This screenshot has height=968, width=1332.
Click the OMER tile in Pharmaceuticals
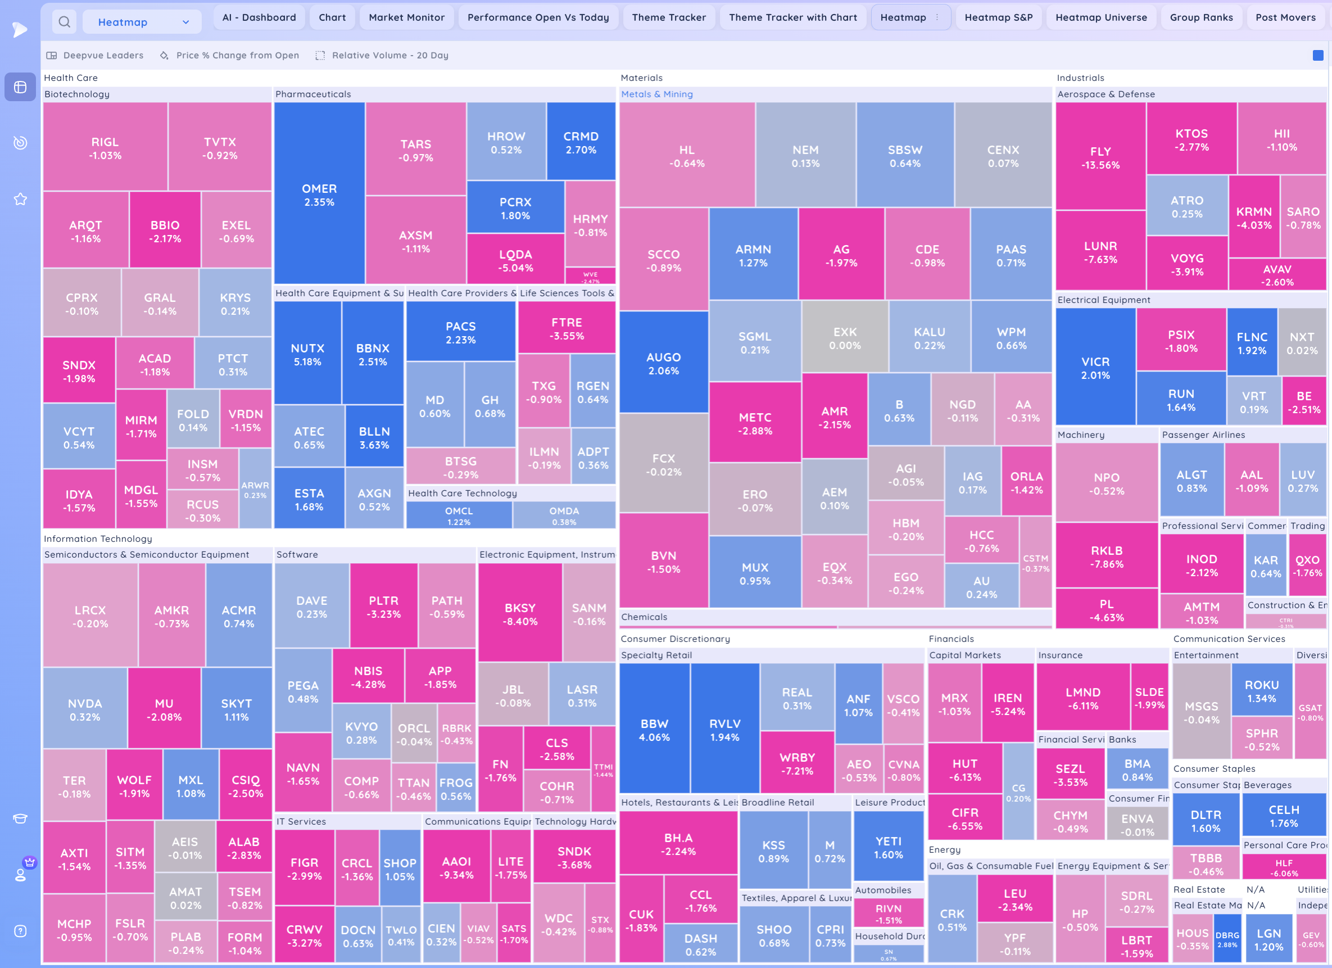click(319, 194)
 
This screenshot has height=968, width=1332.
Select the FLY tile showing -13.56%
click(1100, 157)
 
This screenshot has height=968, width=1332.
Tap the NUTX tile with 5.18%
click(307, 354)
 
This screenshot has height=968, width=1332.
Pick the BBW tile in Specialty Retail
click(654, 730)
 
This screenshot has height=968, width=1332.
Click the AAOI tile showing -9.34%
click(456, 867)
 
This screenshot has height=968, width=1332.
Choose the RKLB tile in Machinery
click(1107, 557)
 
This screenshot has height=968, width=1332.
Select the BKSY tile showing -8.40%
click(520, 614)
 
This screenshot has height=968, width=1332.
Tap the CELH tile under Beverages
click(1284, 815)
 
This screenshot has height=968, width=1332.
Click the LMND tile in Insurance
click(1082, 697)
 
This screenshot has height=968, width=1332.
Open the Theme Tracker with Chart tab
click(793, 17)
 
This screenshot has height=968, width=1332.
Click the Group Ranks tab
click(1201, 17)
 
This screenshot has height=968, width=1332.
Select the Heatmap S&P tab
click(998, 17)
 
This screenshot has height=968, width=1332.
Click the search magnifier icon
click(65, 22)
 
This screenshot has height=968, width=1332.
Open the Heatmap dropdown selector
click(142, 22)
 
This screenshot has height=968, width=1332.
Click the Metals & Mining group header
click(656, 94)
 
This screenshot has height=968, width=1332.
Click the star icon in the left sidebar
click(21, 199)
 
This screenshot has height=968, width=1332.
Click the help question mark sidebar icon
click(21, 931)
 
